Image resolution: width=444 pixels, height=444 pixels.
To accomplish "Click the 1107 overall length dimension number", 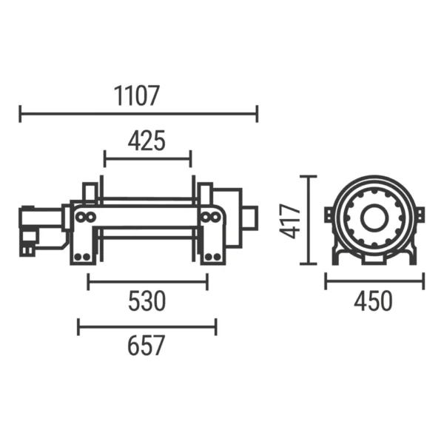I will click(x=138, y=95).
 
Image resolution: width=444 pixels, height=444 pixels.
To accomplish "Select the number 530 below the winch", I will click(x=147, y=301).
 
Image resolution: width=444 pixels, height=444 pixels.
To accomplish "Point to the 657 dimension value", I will click(x=147, y=346).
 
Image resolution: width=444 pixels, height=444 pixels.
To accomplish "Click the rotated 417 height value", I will click(x=293, y=221).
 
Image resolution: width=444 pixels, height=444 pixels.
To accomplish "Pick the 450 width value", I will click(x=374, y=301).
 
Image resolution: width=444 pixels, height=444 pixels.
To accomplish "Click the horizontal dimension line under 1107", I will click(x=138, y=114).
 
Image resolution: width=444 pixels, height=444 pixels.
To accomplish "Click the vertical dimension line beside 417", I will click(x=311, y=220).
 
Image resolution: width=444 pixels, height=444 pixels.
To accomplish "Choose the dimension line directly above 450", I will click(x=374, y=281).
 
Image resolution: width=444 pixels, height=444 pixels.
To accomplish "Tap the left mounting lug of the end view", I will click(x=328, y=215).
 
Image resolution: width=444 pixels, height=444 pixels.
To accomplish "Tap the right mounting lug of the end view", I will click(x=420, y=215).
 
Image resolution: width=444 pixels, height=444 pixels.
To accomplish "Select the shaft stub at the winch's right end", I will click(x=249, y=218).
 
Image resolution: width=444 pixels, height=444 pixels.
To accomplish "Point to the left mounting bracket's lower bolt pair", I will click(x=81, y=256).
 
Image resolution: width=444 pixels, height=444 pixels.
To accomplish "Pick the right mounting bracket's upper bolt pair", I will click(x=210, y=217).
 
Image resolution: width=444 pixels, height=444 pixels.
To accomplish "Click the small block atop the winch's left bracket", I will click(x=90, y=192).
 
